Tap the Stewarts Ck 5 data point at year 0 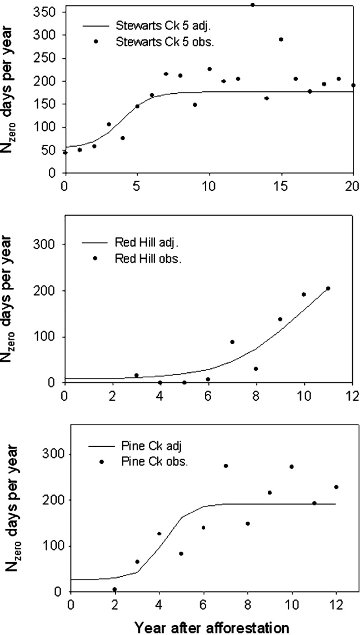pyautogui.click(x=65, y=152)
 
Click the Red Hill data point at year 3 pyautogui.click(x=136, y=376)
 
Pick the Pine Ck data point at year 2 pyautogui.click(x=114, y=589)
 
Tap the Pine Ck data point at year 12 pyautogui.click(x=336, y=487)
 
